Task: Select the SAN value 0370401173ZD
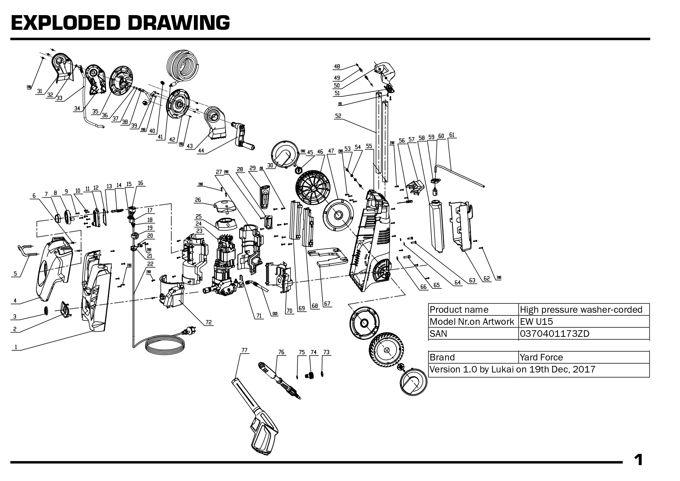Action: coord(554,333)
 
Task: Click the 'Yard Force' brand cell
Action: coord(541,357)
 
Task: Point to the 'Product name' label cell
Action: coord(459,310)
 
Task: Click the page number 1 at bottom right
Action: coord(638,460)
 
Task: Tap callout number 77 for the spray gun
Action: coord(244,350)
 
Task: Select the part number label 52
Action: coord(338,116)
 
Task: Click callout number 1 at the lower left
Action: coord(16,347)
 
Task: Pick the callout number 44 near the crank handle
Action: coord(201,151)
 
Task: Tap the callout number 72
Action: coord(209,322)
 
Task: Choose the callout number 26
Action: coord(198,200)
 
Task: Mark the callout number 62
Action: coord(486,278)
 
